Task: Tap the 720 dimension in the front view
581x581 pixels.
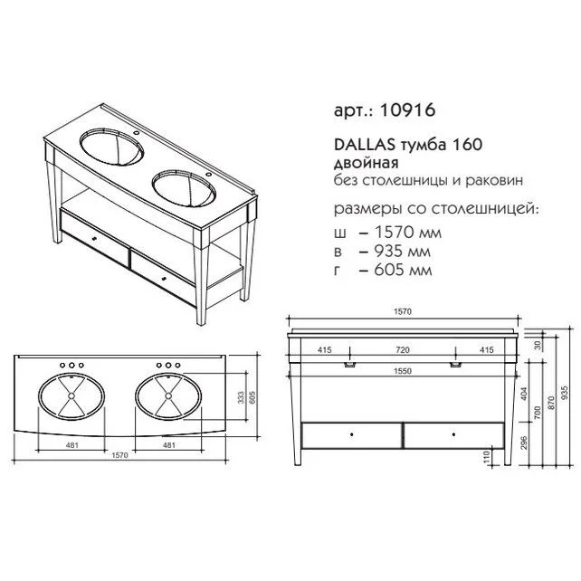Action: click(404, 348)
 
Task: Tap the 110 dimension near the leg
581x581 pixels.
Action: click(489, 459)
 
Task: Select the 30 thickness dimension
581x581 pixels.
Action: click(539, 345)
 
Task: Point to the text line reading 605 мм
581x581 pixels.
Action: click(390, 270)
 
